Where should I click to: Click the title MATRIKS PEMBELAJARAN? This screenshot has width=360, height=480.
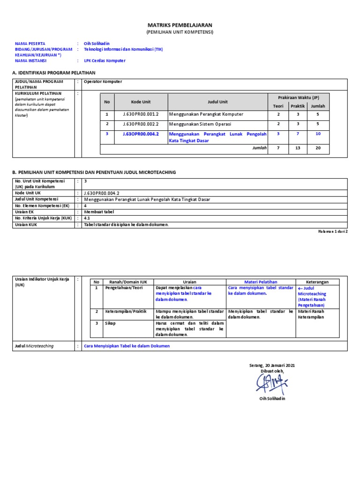click(x=180, y=25)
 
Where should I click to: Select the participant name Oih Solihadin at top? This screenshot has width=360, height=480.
click(x=96, y=43)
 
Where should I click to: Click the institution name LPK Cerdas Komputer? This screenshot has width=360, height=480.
click(x=105, y=60)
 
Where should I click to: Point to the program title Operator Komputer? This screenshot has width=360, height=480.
click(x=103, y=82)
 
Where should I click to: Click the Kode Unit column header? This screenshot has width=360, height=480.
click(x=141, y=102)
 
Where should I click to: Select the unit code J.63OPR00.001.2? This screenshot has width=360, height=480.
click(x=141, y=114)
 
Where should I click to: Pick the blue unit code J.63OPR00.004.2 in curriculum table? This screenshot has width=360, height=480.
click(x=141, y=134)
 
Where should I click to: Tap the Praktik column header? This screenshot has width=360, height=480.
click(x=297, y=106)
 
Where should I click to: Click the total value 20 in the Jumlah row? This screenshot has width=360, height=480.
click(x=318, y=149)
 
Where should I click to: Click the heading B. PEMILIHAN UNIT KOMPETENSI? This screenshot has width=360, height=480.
click(x=94, y=172)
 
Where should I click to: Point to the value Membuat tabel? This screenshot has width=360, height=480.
click(x=99, y=211)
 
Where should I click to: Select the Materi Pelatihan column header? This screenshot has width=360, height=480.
click(x=261, y=282)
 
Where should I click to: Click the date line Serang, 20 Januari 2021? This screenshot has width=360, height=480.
click(x=272, y=365)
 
